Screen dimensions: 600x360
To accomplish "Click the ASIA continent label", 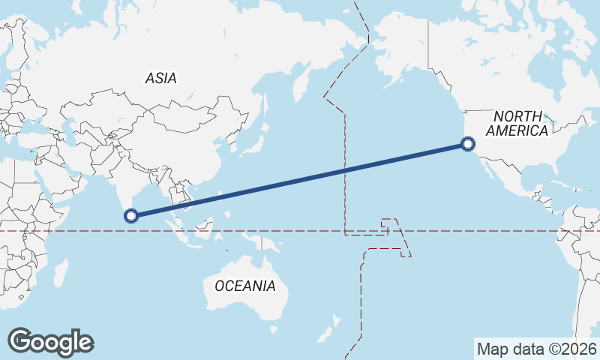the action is click(161, 78).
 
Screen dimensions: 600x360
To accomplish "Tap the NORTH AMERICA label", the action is click(517, 123).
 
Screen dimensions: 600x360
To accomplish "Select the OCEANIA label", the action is click(244, 286).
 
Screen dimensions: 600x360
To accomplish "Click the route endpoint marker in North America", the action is click(468, 144).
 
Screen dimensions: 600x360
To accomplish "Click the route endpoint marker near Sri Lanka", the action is click(131, 216).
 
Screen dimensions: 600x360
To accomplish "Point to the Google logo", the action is click(50, 342).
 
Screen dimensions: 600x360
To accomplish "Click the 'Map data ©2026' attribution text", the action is click(537, 349).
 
